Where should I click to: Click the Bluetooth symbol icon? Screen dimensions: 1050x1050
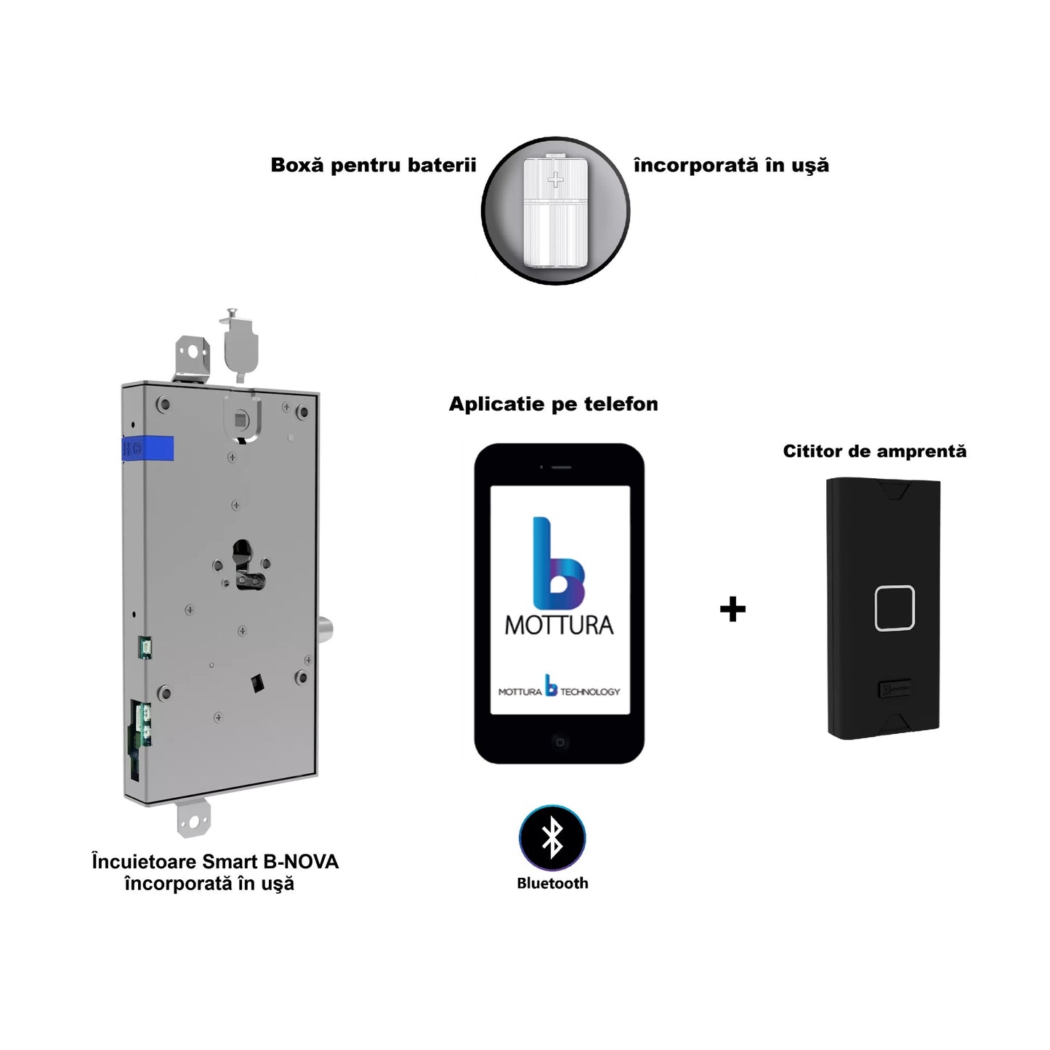pyautogui.click(x=552, y=838)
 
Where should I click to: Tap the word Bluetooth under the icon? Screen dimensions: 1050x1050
pyautogui.click(x=552, y=884)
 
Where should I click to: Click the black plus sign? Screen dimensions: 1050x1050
pyautogui.click(x=732, y=609)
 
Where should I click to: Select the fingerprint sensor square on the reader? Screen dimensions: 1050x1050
pyautogui.click(x=894, y=607)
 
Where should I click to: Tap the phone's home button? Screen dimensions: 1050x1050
pyautogui.click(x=560, y=742)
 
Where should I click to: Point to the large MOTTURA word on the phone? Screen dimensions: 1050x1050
pyautogui.click(x=559, y=625)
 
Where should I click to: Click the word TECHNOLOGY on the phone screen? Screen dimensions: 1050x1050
pyautogui.click(x=590, y=692)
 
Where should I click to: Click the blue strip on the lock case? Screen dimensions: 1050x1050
pyautogui.click(x=149, y=448)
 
